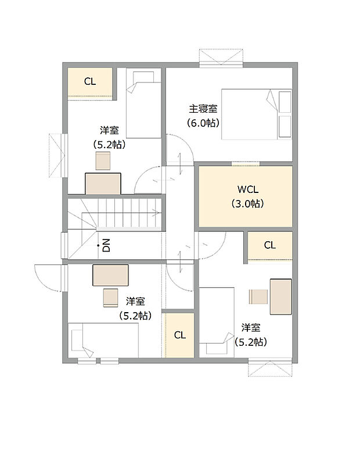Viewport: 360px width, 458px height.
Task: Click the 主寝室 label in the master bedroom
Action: point(203,109)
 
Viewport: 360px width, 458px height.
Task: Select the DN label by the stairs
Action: point(106,245)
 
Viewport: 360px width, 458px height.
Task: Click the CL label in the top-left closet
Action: point(89,82)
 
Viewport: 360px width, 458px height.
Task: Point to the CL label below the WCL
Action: point(270,245)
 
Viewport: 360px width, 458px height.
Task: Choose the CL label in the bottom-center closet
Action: point(179,335)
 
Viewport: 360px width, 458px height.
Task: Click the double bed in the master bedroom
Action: point(256,114)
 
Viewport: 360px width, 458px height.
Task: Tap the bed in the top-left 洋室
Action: point(143,103)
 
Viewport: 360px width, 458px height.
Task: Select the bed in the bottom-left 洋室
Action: point(103,340)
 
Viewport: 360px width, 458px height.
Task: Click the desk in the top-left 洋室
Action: point(103,184)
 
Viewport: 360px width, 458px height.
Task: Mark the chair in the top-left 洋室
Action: point(103,161)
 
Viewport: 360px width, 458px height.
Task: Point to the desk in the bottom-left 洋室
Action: point(110,275)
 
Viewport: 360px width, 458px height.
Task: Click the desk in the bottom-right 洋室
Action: point(281,296)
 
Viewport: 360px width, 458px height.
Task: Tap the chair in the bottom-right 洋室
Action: point(258,296)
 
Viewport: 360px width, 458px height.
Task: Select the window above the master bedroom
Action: point(220,56)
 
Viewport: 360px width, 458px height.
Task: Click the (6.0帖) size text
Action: point(203,123)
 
